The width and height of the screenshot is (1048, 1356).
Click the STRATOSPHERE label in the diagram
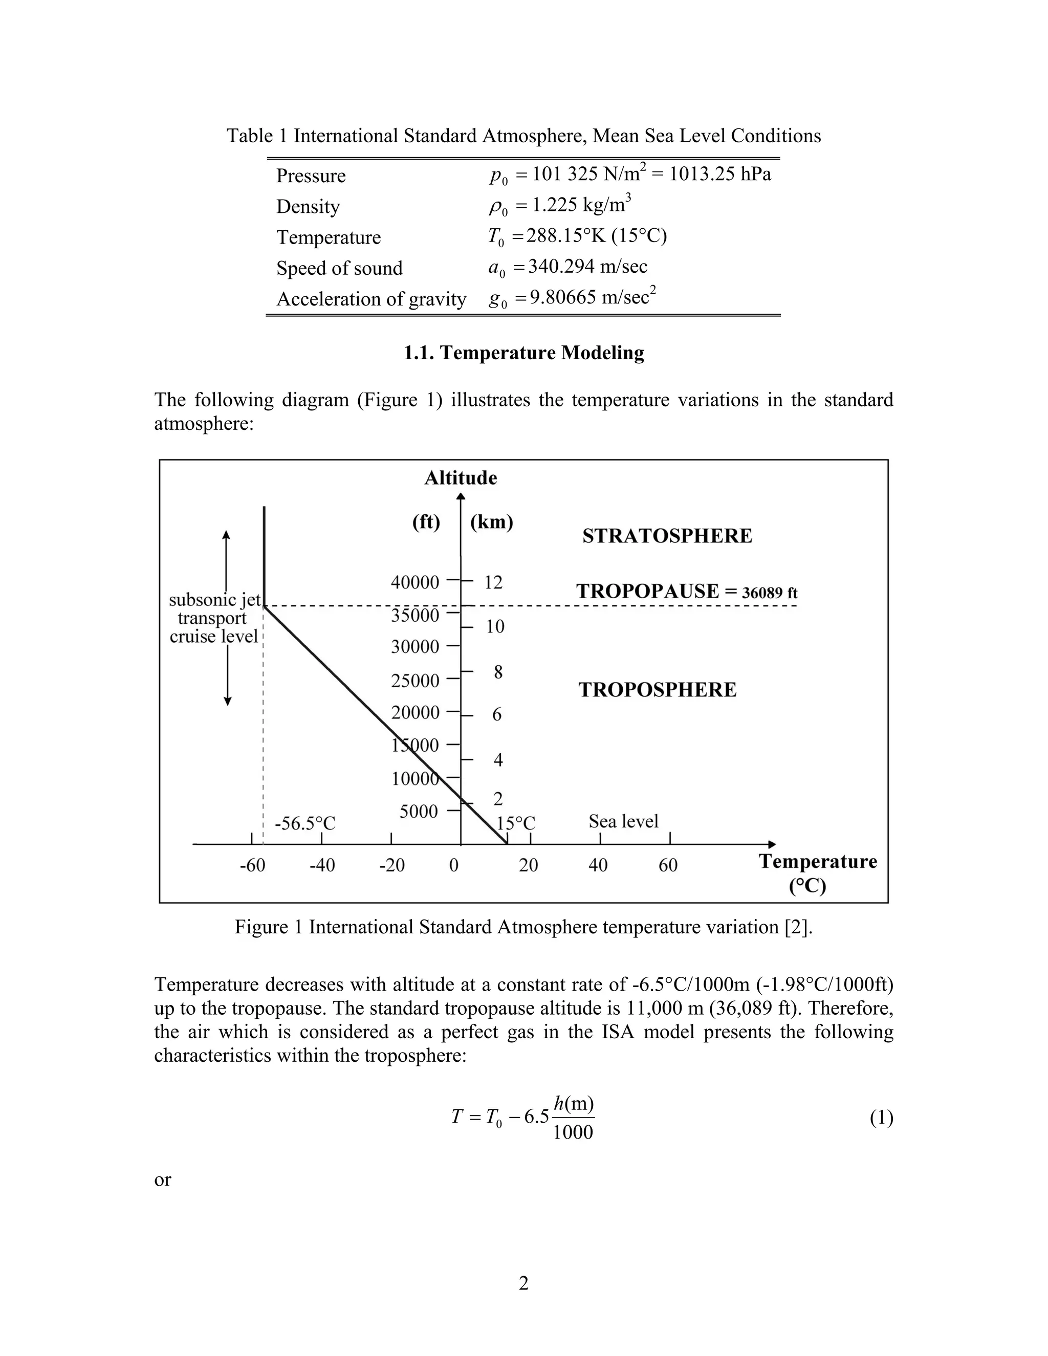[x=667, y=536]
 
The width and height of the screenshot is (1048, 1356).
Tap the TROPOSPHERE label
[x=658, y=690]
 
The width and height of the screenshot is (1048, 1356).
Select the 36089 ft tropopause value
[x=769, y=593]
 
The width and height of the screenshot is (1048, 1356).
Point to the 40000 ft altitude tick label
[x=414, y=582]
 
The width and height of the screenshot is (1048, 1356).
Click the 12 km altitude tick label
[x=493, y=582]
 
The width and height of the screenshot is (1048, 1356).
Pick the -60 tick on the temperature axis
[x=252, y=865]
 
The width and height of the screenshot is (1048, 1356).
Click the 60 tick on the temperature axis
[x=668, y=865]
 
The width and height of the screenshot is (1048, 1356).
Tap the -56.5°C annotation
[x=305, y=824]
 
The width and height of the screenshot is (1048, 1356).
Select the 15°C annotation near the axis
[x=515, y=823]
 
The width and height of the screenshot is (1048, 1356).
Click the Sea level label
[x=623, y=821]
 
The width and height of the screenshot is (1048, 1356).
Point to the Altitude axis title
[x=460, y=478]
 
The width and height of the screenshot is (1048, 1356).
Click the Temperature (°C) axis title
[x=818, y=873]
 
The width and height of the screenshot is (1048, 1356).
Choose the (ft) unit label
[x=426, y=522]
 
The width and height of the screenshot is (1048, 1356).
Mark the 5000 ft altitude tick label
[x=419, y=812]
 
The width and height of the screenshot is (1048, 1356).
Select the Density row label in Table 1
[x=308, y=207]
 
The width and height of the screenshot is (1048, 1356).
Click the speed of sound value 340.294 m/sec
[x=587, y=267]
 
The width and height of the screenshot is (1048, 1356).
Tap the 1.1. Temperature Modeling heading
[x=523, y=353]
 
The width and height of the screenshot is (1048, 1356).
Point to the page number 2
[x=523, y=1283]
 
